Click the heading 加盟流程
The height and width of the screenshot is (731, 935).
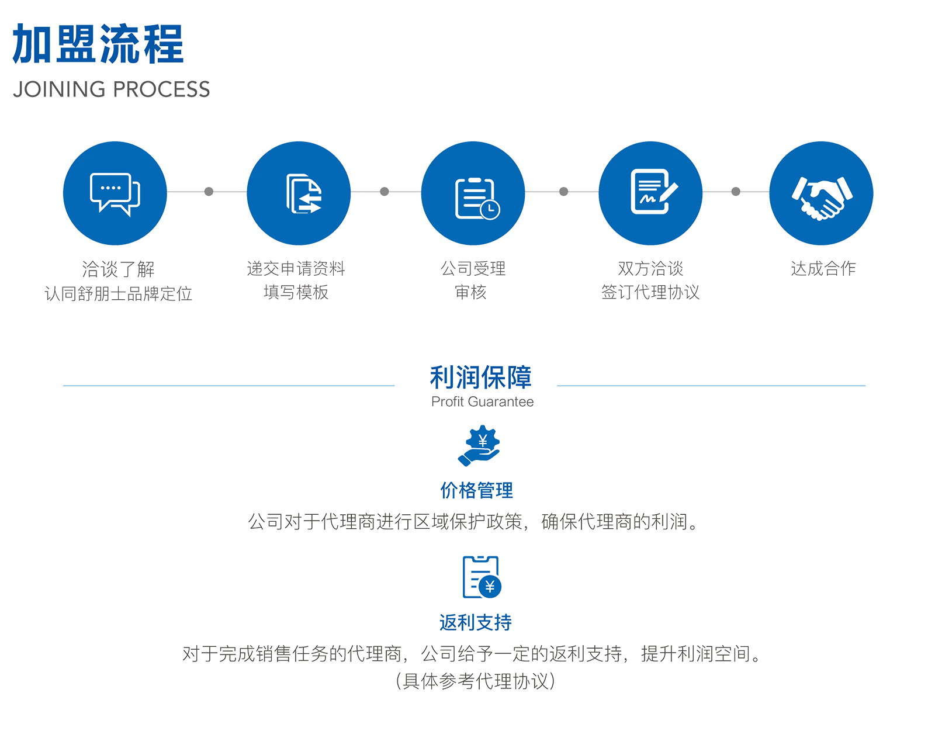click(98, 43)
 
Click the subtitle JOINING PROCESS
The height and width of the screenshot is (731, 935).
click(111, 89)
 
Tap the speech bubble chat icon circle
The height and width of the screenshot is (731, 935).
click(115, 192)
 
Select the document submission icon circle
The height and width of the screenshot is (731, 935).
click(299, 192)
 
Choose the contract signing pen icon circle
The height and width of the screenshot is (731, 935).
click(650, 192)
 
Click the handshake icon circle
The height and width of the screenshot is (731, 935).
click(821, 192)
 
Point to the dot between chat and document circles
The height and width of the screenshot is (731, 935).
click(209, 191)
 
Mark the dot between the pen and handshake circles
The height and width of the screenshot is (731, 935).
click(736, 191)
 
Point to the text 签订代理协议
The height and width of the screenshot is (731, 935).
click(650, 292)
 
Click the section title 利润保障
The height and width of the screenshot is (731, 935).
click(480, 378)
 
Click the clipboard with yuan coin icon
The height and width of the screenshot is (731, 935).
click(482, 575)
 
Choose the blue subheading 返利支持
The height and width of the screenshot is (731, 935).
click(477, 622)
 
